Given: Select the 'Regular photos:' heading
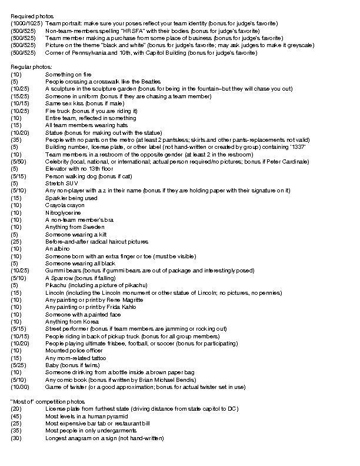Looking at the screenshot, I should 31,67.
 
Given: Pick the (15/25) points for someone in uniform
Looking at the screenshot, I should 19,96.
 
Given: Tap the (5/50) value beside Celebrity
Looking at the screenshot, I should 18,161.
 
